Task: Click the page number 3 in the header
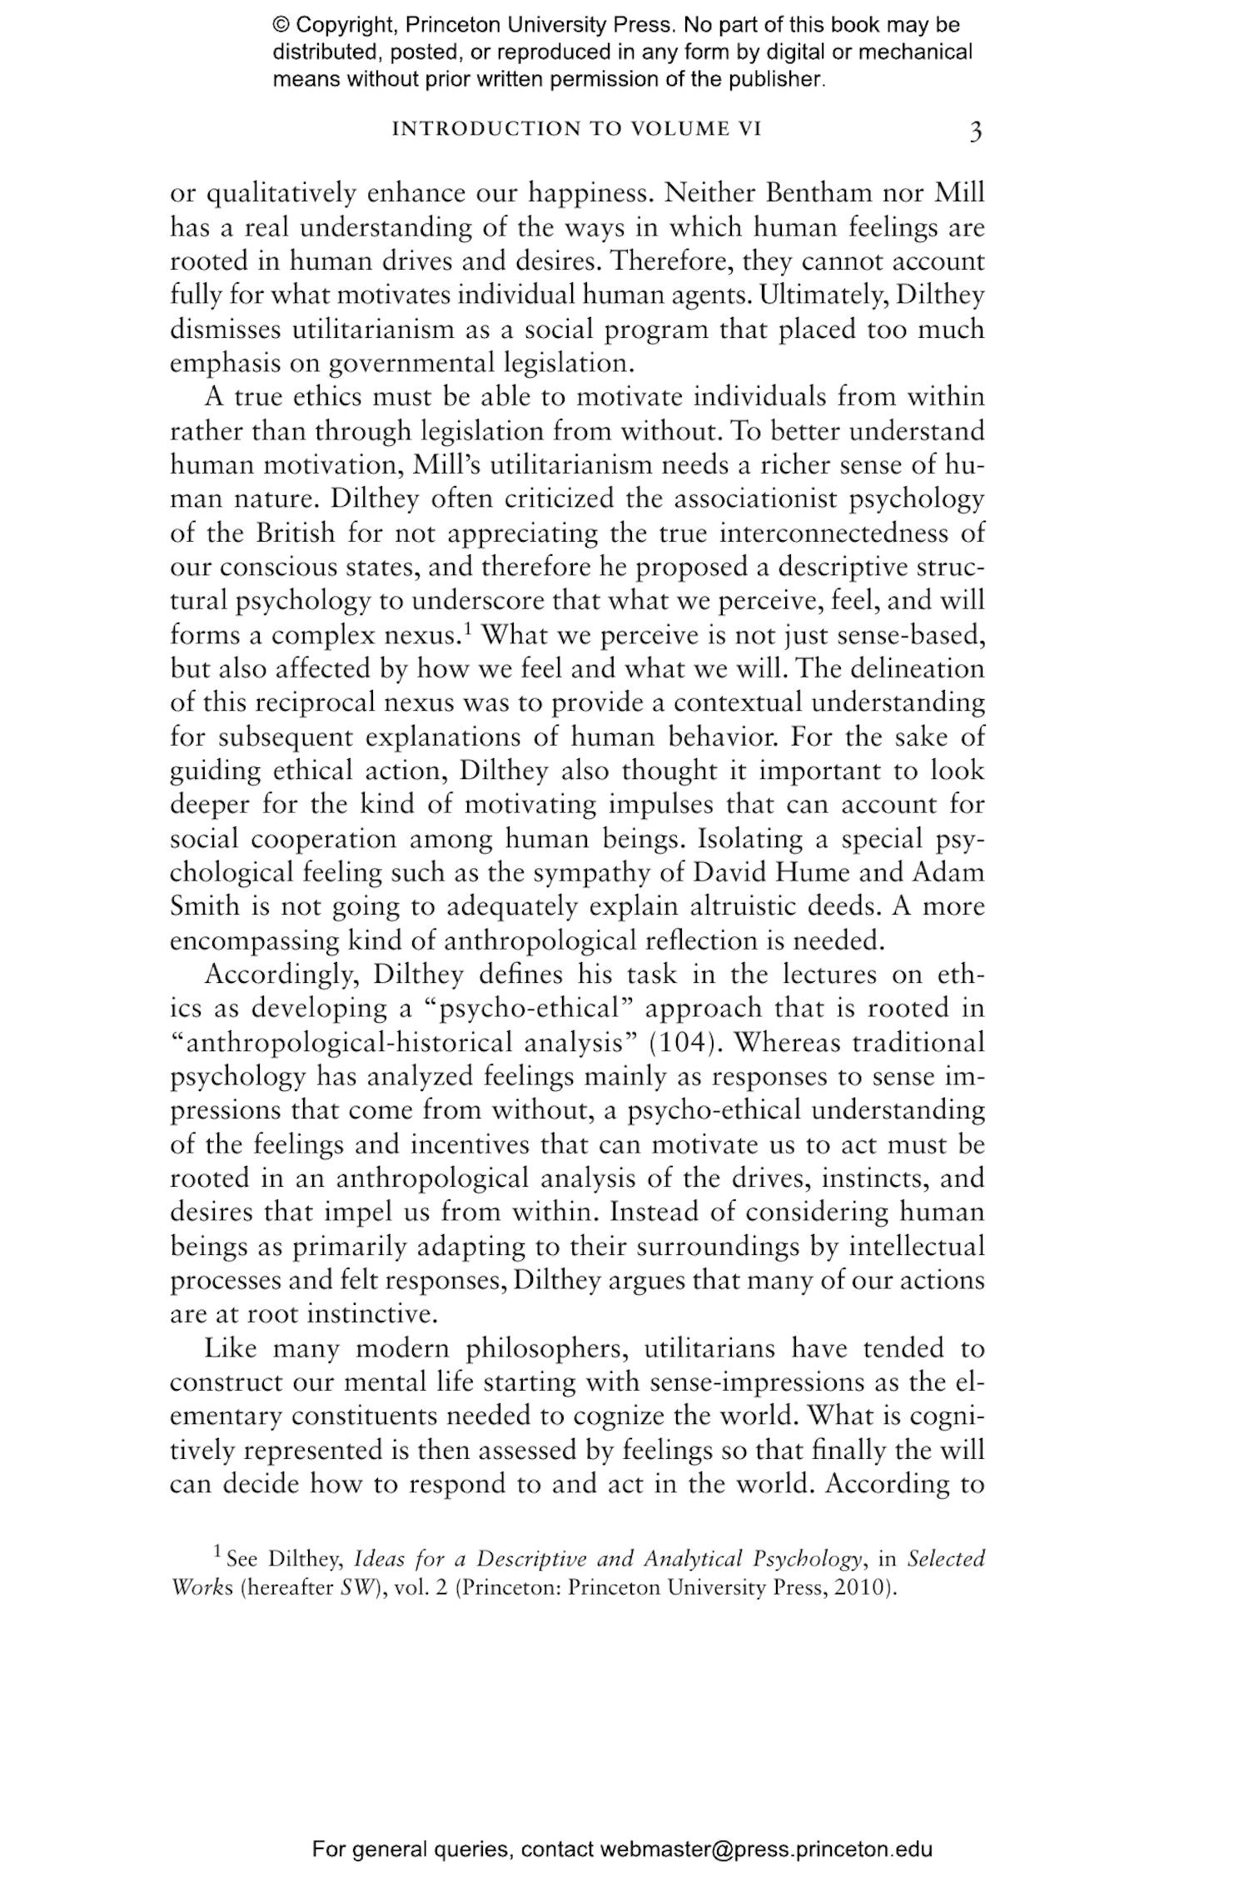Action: coord(975,131)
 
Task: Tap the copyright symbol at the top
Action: coord(280,25)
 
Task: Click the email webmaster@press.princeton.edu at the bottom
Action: coord(765,1849)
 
